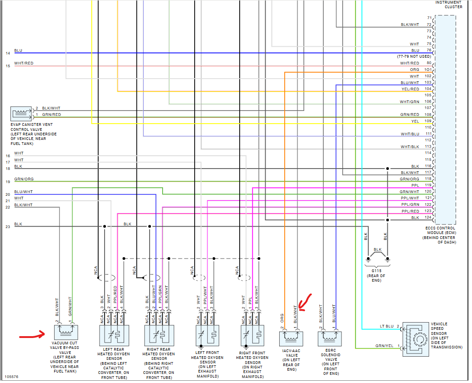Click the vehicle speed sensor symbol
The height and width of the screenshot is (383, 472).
pos(415,339)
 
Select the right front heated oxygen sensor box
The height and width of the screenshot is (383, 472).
pos(252,337)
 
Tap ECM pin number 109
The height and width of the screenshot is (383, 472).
pos(428,121)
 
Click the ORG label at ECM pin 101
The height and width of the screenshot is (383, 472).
pos(414,70)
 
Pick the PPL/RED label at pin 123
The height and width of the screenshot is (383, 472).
pos(410,211)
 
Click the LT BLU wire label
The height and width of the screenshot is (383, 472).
pos(387,326)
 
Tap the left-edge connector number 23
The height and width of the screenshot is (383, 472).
pos(7,226)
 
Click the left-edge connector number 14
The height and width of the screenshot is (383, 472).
pos(7,53)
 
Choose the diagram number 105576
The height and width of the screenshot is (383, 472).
pos(12,377)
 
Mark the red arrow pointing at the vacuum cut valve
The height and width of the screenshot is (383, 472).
pos(31,337)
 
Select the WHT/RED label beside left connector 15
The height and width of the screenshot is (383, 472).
pos(24,63)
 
